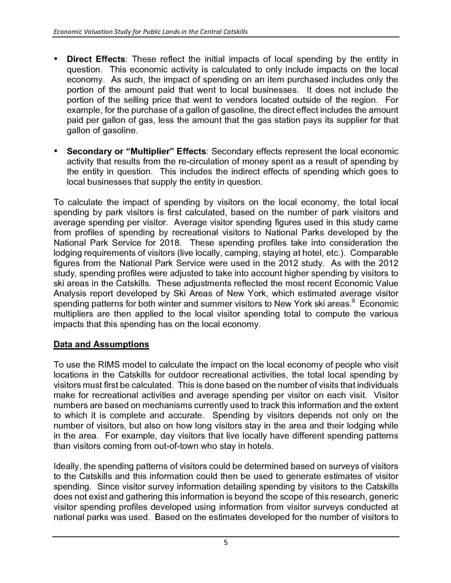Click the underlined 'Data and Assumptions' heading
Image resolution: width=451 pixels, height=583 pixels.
point(101,344)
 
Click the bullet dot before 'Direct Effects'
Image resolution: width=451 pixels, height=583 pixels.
point(56,59)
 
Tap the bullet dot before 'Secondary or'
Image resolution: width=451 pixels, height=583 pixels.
point(56,151)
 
